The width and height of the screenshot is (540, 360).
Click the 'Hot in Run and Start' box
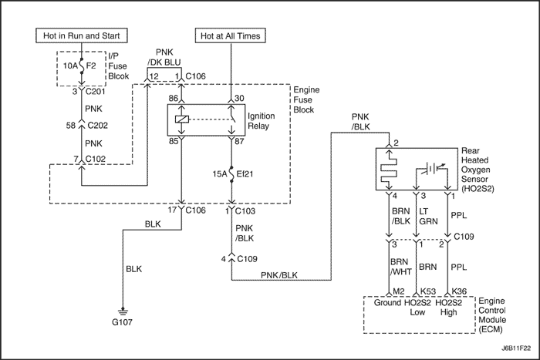point(82,35)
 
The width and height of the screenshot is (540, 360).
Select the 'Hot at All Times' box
point(231,35)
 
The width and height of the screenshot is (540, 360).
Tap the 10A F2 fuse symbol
point(82,66)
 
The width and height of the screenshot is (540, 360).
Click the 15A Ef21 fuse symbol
point(231,173)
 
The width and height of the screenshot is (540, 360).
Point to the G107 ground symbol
point(123,311)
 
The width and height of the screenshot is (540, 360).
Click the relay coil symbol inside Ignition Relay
point(182,119)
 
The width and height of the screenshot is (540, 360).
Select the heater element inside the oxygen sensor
point(389,169)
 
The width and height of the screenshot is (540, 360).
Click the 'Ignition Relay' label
point(262,121)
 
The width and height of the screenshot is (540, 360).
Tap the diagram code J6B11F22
point(516,348)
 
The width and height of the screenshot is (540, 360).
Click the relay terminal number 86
point(174,99)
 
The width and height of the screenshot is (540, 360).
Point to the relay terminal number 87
point(239,141)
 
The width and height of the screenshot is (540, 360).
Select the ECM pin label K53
point(428,291)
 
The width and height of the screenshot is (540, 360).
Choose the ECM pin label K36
point(459,291)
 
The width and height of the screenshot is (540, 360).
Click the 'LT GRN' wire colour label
point(428,216)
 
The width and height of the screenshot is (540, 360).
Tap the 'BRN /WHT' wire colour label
point(401,267)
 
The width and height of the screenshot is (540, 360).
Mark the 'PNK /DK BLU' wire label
point(164,57)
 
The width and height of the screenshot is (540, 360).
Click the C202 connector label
point(98,126)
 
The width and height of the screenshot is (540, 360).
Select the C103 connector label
point(245,210)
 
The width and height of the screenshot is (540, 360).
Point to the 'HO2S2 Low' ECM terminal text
point(417,308)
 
